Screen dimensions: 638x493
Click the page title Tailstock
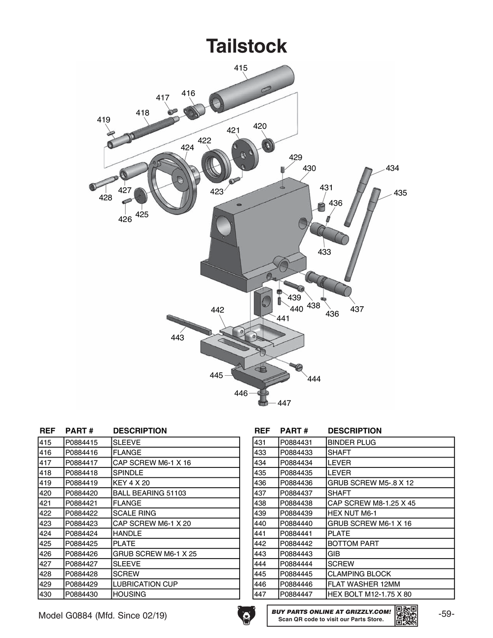(x=246, y=46)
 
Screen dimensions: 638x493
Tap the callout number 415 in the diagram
(x=241, y=68)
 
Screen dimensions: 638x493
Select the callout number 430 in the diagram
(x=309, y=168)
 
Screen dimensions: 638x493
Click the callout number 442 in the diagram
(x=217, y=310)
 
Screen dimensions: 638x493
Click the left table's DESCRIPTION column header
(x=140, y=430)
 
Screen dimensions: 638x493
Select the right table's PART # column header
(x=294, y=430)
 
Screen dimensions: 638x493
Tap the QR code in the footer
(x=406, y=615)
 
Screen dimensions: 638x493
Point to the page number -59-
(x=446, y=614)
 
